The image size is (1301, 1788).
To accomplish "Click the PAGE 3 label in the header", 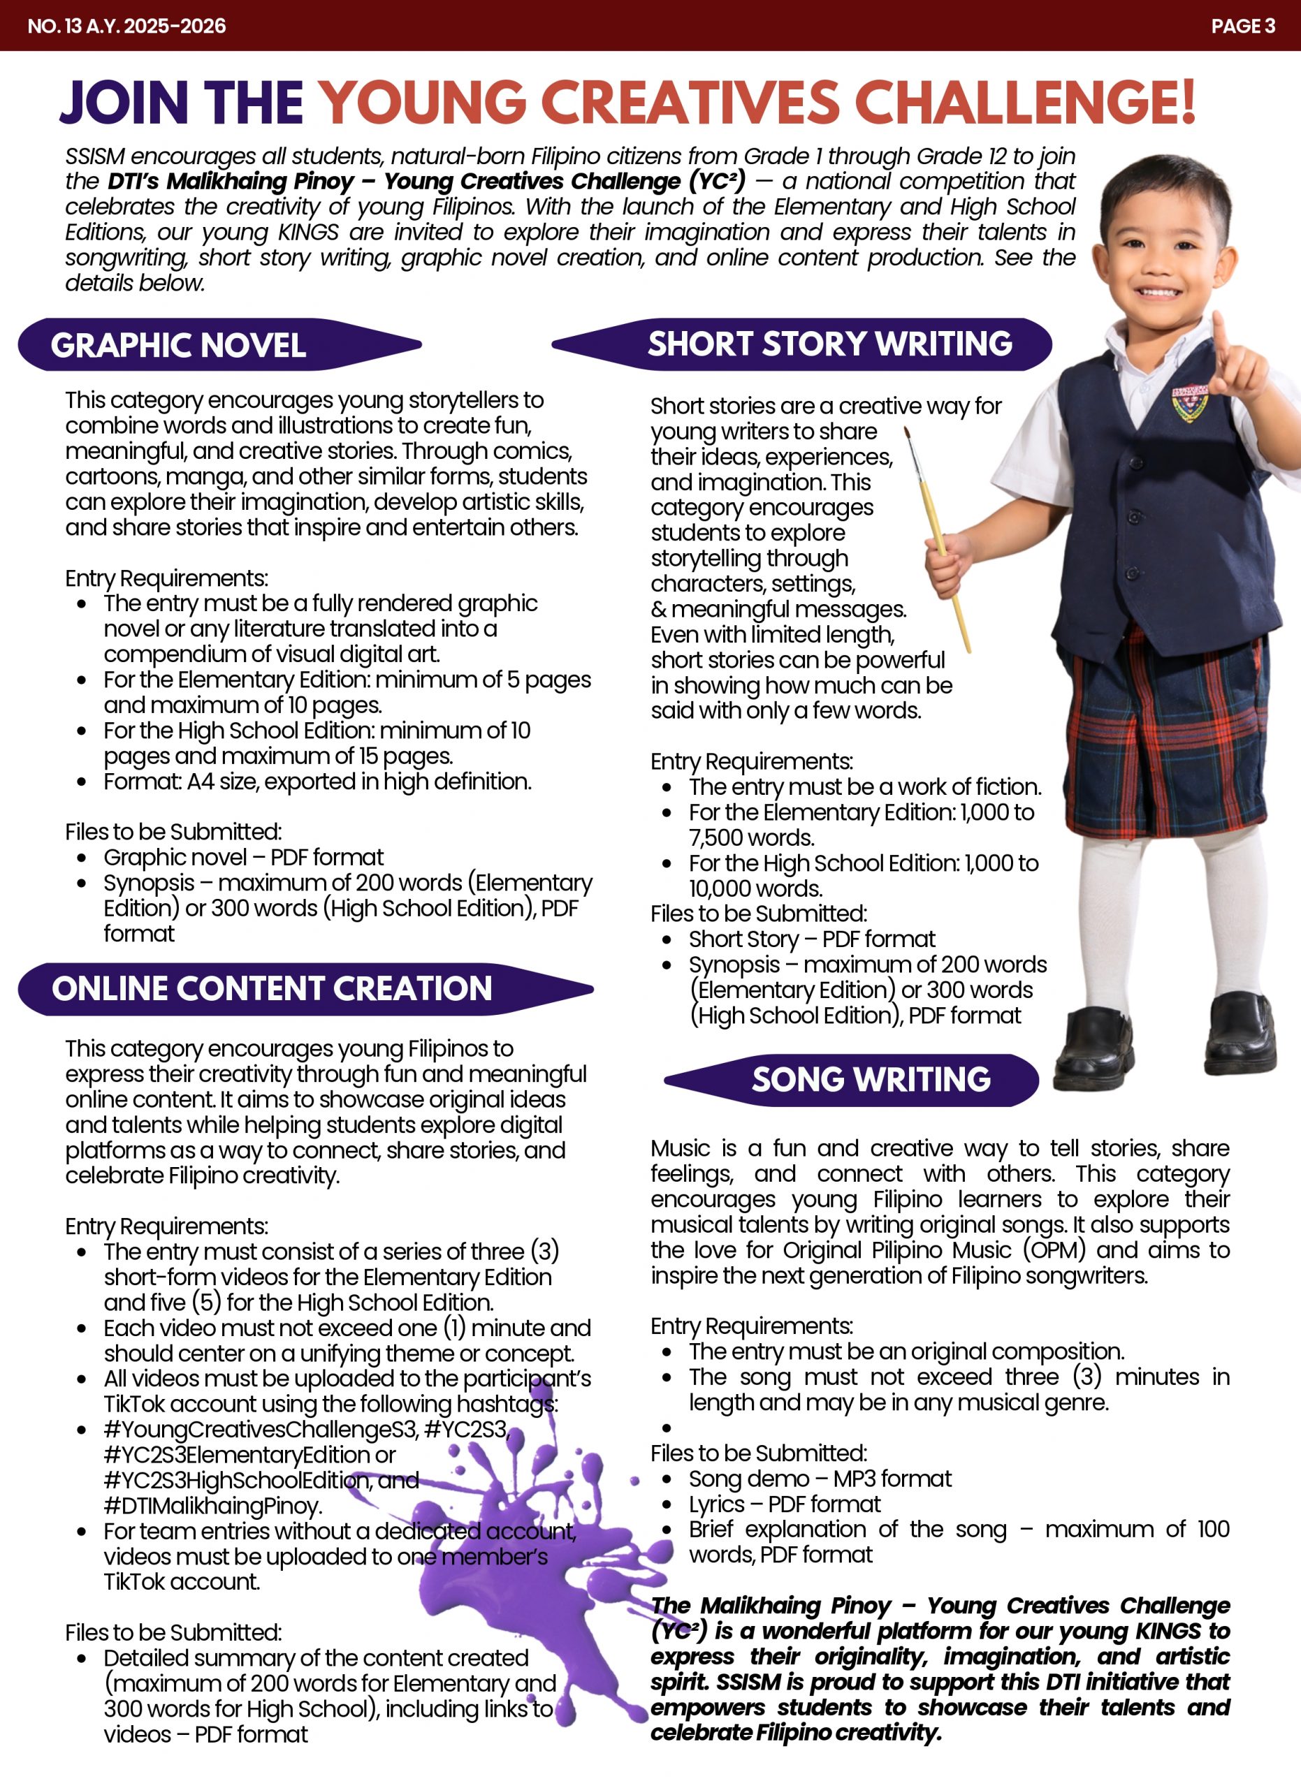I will click(x=1242, y=26).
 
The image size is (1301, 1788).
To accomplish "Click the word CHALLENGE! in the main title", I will click(x=1024, y=103).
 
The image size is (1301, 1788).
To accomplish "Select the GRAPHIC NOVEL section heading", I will click(x=179, y=345).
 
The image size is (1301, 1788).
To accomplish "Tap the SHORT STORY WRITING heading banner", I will click(x=829, y=344).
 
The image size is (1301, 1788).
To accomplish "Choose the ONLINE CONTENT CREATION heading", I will click(x=272, y=988).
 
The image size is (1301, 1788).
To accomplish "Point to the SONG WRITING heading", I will click(x=871, y=1079).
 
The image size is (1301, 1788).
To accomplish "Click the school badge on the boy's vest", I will click(x=1189, y=402).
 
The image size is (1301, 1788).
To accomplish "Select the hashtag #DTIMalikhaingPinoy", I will click(x=212, y=1506).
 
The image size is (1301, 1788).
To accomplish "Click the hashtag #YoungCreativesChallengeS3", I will click(x=261, y=1429).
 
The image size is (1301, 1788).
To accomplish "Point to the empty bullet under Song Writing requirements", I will click(x=667, y=1428).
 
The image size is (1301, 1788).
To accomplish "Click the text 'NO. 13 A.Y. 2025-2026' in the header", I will click(x=127, y=26).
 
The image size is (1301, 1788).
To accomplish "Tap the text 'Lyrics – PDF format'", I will click(x=785, y=1504).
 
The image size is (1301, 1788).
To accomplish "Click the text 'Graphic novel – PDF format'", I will click(x=244, y=857).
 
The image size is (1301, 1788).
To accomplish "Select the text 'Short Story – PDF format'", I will click(x=812, y=939).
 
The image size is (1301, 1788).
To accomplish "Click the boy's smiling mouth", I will click(x=1159, y=291).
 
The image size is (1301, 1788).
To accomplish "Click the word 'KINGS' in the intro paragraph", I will click(x=308, y=232).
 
